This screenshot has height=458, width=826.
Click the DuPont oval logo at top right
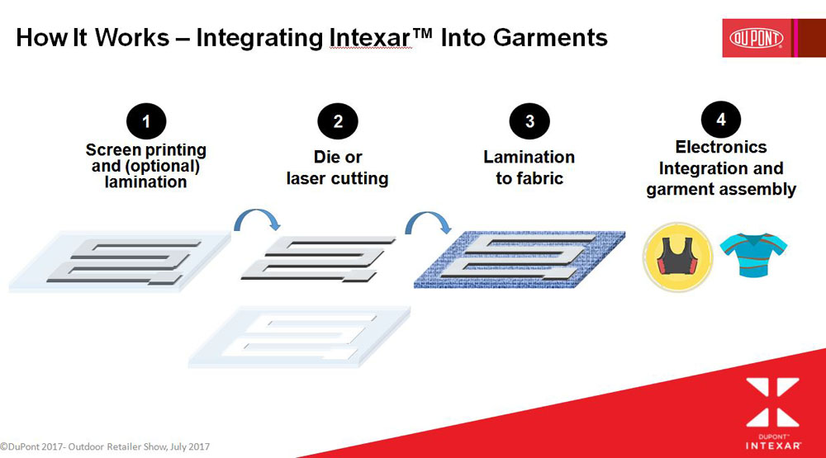tap(756, 39)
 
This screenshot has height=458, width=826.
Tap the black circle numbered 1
tap(146, 121)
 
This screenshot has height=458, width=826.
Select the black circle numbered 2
tap(338, 121)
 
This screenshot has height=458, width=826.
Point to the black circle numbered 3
tap(529, 121)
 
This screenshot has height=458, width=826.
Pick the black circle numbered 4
tap(720, 120)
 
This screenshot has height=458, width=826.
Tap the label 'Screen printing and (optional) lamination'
tap(146, 166)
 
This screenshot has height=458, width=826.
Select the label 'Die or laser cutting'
tap(338, 168)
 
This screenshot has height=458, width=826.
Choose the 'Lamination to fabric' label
tap(529, 168)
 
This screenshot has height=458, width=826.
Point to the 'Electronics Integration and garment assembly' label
tap(721, 168)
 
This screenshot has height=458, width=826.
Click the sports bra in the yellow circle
tap(677, 257)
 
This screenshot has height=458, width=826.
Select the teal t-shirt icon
tap(754, 255)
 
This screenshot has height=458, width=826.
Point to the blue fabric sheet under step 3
tap(520, 259)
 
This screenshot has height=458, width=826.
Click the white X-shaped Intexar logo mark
tap(773, 402)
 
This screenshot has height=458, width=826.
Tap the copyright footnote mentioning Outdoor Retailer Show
tap(105, 447)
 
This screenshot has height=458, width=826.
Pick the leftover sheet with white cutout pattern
tap(299, 337)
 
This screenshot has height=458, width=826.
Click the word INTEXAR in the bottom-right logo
tap(773, 446)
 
